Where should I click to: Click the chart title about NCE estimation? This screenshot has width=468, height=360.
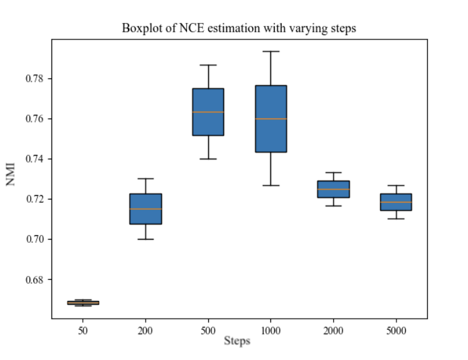[x=239, y=28]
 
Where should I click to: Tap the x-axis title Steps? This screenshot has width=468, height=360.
[x=237, y=341]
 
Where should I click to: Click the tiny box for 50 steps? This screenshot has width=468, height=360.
[x=83, y=303]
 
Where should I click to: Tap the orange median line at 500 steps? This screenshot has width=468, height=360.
[x=208, y=112]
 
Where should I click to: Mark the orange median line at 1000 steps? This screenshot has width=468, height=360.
[x=271, y=119]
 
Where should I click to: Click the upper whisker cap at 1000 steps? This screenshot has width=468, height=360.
[x=271, y=51]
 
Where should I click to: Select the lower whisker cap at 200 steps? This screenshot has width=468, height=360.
[x=146, y=239]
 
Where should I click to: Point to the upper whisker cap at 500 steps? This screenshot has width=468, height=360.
[x=208, y=65]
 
